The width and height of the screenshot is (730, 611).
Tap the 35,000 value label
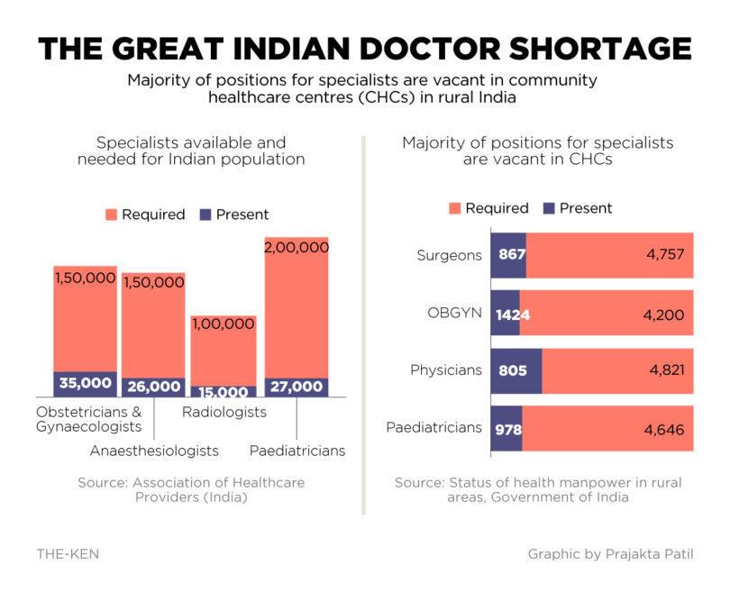point(85,383)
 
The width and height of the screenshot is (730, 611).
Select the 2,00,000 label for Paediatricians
point(296,247)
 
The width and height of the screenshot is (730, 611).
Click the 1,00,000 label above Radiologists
point(224,324)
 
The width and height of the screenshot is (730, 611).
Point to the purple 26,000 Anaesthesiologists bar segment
point(153,387)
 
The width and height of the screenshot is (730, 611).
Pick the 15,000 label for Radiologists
point(224,392)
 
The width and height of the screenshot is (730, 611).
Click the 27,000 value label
point(296,387)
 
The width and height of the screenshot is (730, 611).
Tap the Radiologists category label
point(224,412)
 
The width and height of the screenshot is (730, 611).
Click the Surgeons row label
point(449,255)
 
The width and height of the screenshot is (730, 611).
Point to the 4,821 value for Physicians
point(664,371)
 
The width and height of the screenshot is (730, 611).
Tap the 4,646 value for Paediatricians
point(664,429)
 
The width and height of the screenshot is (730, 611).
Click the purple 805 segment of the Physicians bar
point(516,371)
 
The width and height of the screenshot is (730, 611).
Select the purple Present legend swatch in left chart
point(205,214)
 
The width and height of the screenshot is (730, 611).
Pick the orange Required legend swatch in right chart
point(453,208)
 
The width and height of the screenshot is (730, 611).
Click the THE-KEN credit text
point(68,554)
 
